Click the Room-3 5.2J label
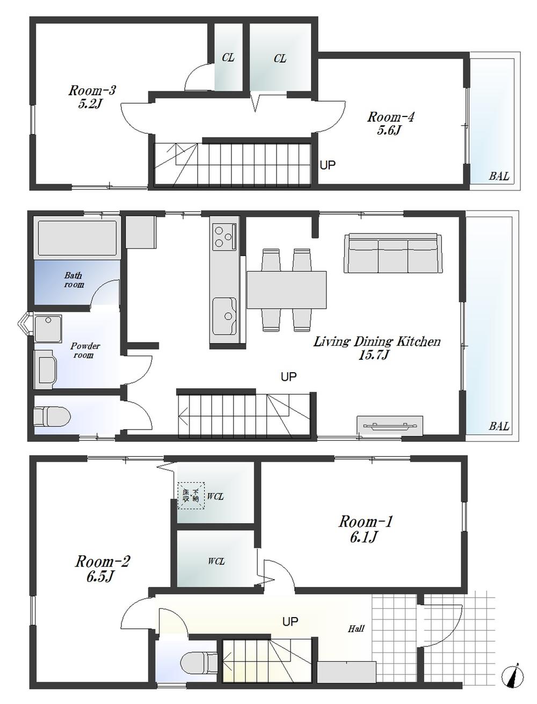click(x=92, y=97)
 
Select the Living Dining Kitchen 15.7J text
click(x=377, y=347)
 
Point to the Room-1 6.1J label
click(x=366, y=528)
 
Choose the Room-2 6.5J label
click(x=102, y=569)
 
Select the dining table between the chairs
click(x=286, y=289)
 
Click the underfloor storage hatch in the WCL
click(x=192, y=495)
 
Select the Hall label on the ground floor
click(x=355, y=628)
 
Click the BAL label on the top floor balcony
click(x=498, y=176)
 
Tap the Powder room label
click(x=85, y=350)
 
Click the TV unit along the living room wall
click(x=390, y=425)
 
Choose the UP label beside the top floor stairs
click(x=328, y=165)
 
